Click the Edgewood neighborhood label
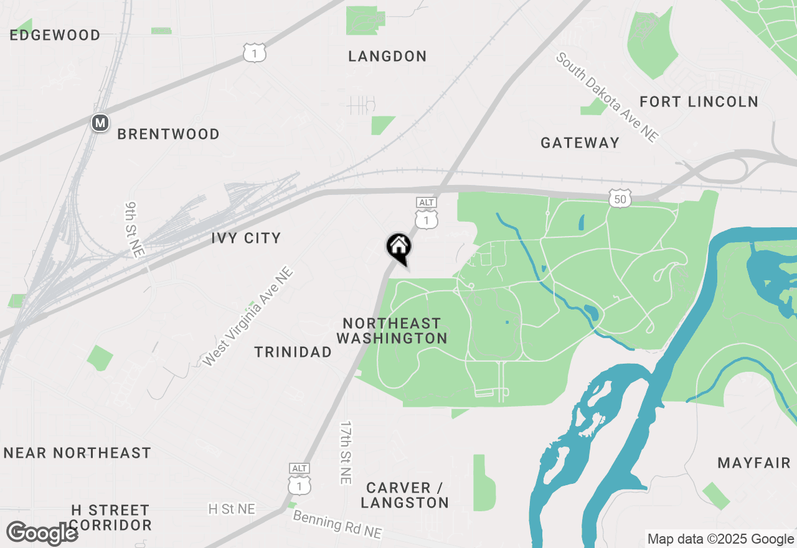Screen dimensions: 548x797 (55, 35)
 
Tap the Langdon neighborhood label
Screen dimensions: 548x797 (387, 57)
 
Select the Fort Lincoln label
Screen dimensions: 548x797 (699, 102)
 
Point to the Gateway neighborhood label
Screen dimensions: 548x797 (580, 143)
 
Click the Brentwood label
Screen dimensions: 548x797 (168, 135)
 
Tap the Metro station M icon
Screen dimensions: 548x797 (100, 123)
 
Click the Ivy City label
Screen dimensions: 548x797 (246, 238)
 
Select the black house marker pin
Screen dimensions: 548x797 (398, 247)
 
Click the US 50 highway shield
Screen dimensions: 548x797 (620, 198)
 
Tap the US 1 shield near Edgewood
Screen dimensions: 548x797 (255, 53)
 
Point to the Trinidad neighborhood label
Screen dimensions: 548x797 (293, 352)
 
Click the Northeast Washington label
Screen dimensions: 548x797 (392, 331)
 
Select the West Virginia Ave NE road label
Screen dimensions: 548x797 (248, 316)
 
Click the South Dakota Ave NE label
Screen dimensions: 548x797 (606, 97)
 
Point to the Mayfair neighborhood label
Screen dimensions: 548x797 (753, 463)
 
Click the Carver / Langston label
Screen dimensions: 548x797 (405, 495)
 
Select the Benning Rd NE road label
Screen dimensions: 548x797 (337, 525)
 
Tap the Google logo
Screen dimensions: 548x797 (42, 533)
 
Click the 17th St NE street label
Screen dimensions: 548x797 (346, 453)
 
